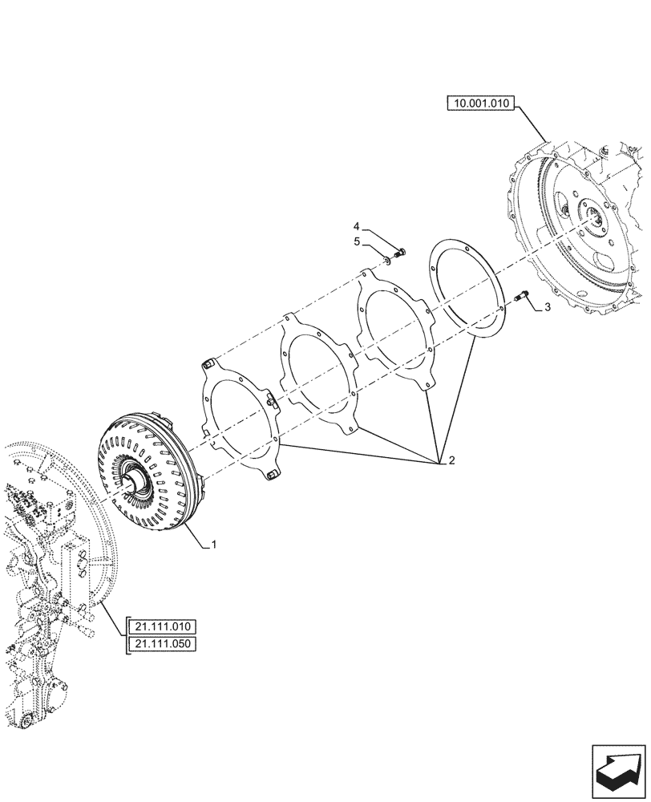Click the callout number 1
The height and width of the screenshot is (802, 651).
coord(214,545)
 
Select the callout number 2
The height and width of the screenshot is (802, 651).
coord(451,461)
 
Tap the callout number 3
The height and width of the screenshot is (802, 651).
coord(548,307)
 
